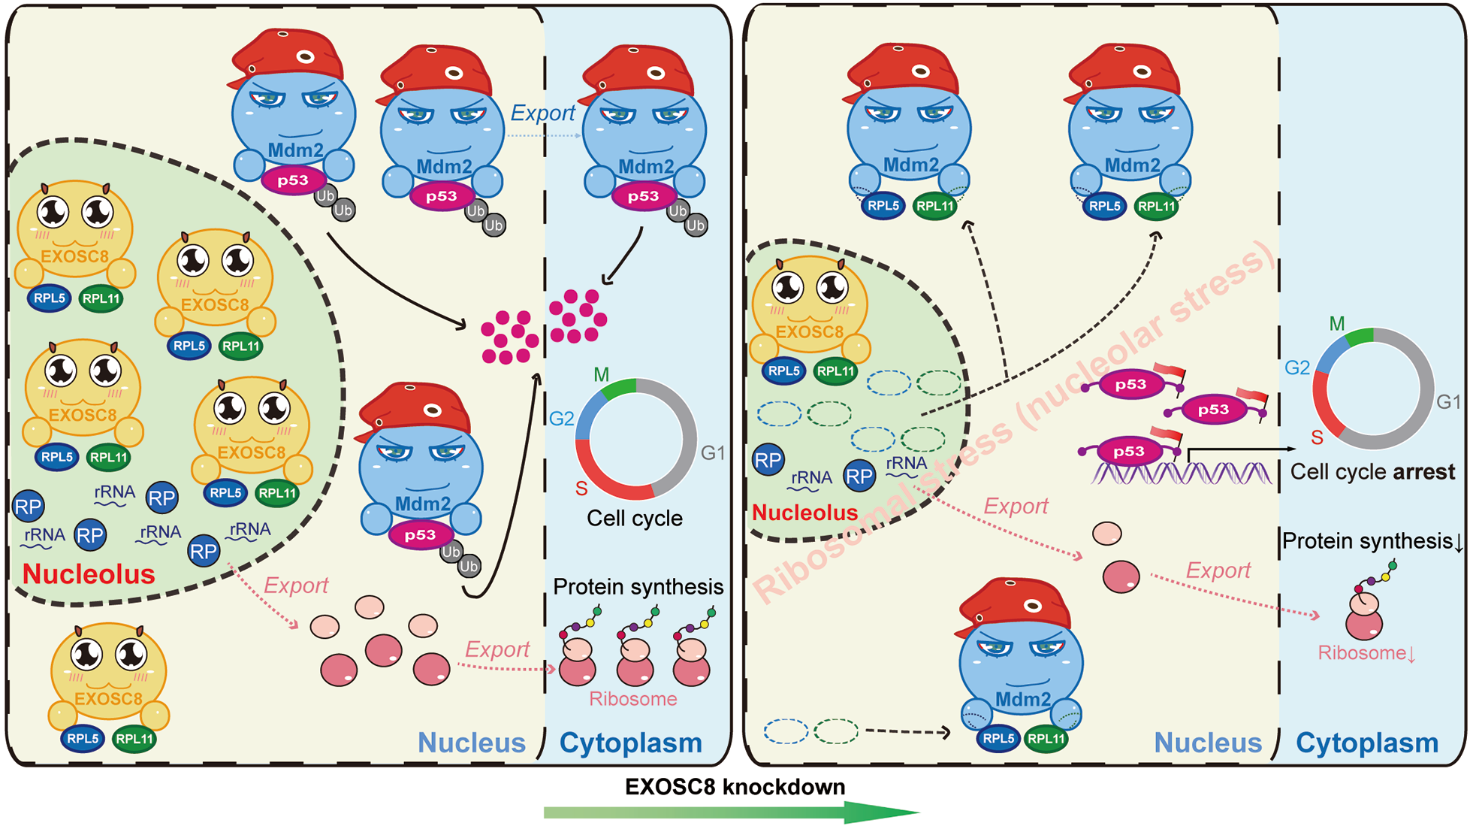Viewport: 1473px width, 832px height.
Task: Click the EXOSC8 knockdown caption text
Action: [x=735, y=787]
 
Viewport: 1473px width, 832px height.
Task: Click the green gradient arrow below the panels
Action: [x=732, y=812]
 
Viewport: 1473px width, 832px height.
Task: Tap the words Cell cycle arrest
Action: [x=1372, y=472]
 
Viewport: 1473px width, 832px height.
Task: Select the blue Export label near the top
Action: [x=542, y=113]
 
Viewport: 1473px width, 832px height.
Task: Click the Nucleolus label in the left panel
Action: [x=89, y=574]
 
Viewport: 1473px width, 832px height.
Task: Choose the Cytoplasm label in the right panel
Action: [x=1367, y=743]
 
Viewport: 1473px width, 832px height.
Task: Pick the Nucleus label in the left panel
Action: [x=471, y=743]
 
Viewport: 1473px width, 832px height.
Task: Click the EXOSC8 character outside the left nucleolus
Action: [x=109, y=676]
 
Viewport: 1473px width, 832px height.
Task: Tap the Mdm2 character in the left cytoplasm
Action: [x=644, y=135]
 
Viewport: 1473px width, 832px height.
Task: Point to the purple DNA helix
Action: [x=1179, y=473]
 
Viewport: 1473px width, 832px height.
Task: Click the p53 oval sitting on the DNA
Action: [x=1128, y=451]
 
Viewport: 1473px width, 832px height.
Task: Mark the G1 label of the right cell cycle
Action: [x=1448, y=402]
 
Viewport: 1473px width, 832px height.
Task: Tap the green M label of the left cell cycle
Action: [x=601, y=374]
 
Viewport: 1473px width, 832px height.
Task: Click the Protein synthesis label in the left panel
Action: [x=638, y=587]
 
